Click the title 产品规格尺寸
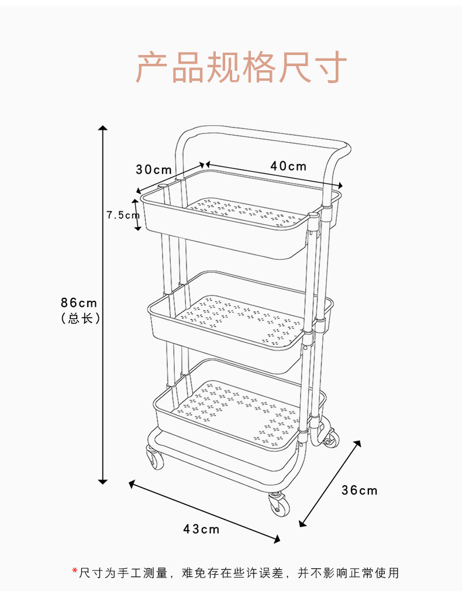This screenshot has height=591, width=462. point(242,67)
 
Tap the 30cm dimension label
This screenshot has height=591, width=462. point(154,170)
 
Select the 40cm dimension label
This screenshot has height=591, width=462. point(288,166)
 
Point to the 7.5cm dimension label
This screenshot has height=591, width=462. point(122,215)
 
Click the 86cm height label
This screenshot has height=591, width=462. point(79,303)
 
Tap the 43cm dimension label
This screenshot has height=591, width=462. point(201,529)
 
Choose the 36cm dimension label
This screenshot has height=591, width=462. point(359,490)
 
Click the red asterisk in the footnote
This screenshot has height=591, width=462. point(75,572)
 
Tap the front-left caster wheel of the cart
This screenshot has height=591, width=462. point(156,458)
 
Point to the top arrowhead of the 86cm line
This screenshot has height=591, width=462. point(103,128)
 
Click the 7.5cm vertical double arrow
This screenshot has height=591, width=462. point(138,214)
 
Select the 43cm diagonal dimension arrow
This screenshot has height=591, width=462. point(205,511)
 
